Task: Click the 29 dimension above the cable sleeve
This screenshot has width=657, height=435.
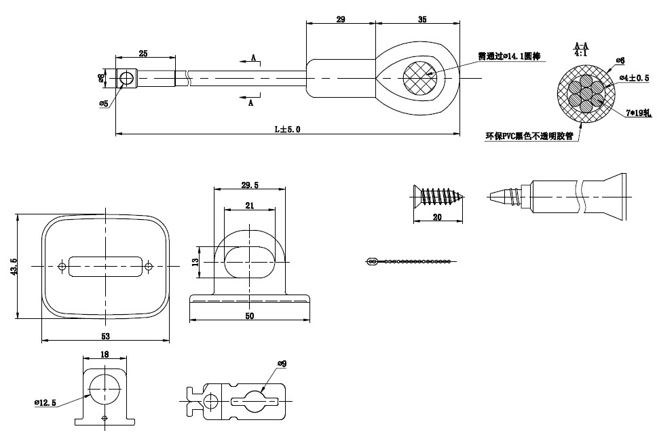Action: pos(340,20)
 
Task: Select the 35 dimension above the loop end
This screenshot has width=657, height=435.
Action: pos(422,20)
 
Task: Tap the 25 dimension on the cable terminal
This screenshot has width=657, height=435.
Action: pos(143,52)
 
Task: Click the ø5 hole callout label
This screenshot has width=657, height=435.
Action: pos(104,103)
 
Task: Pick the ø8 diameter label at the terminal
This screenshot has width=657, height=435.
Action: pos(101,78)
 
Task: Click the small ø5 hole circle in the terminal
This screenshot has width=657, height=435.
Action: pos(126,79)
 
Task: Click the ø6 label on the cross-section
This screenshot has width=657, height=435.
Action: pos(620,60)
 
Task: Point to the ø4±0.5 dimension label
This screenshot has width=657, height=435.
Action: pos(635,78)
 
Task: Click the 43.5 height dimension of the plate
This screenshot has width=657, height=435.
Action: pos(13,266)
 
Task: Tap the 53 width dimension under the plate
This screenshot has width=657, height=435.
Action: pos(105,335)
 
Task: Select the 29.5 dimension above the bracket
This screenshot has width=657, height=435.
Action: pos(250,184)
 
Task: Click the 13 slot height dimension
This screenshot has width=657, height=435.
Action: pos(195,261)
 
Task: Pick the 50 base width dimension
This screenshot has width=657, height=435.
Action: pos(250,315)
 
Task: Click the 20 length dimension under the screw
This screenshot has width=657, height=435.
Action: pos(437,217)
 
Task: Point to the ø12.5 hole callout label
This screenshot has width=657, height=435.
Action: pos(45,403)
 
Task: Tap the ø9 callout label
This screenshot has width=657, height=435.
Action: pos(282,364)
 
